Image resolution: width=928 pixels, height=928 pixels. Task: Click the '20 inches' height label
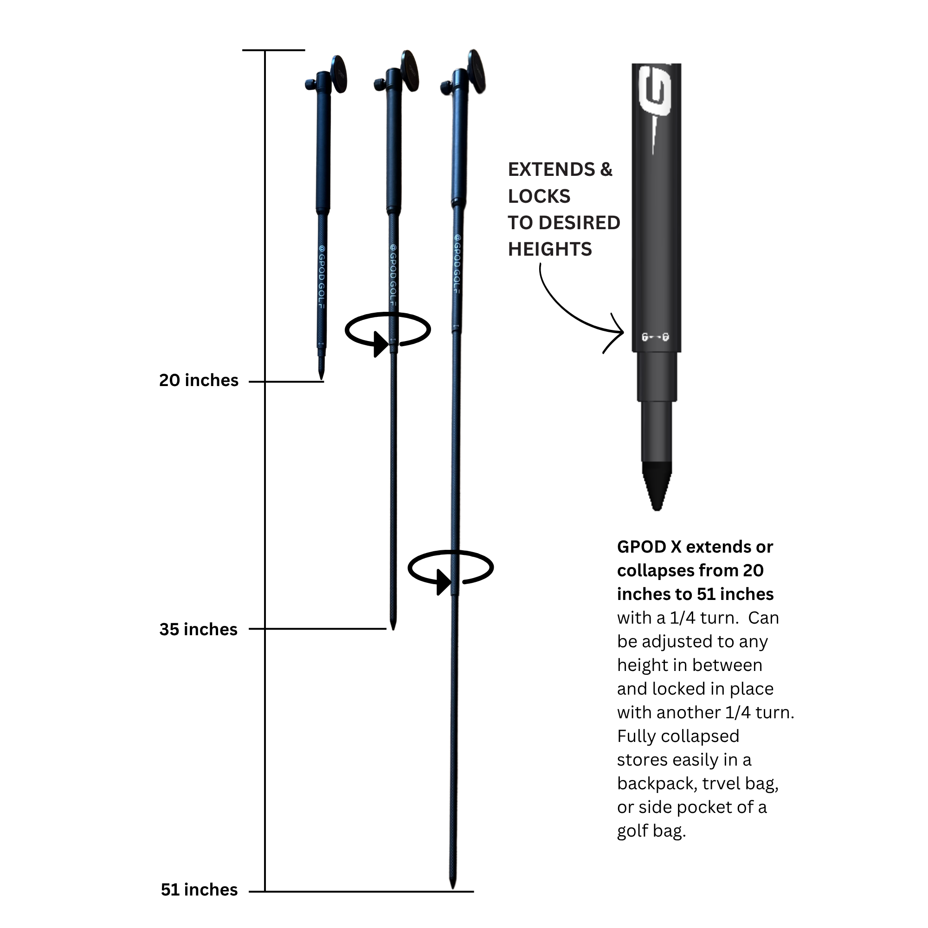click(199, 380)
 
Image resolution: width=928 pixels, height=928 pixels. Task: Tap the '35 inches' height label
click(199, 630)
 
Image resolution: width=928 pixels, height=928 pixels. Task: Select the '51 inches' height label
click(200, 890)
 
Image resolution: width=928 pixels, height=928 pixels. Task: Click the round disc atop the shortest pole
click(339, 74)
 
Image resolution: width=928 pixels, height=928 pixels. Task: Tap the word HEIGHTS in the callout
click(550, 249)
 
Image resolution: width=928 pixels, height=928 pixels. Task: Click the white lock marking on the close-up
click(655, 337)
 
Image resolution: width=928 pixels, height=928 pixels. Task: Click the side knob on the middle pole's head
click(377, 85)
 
